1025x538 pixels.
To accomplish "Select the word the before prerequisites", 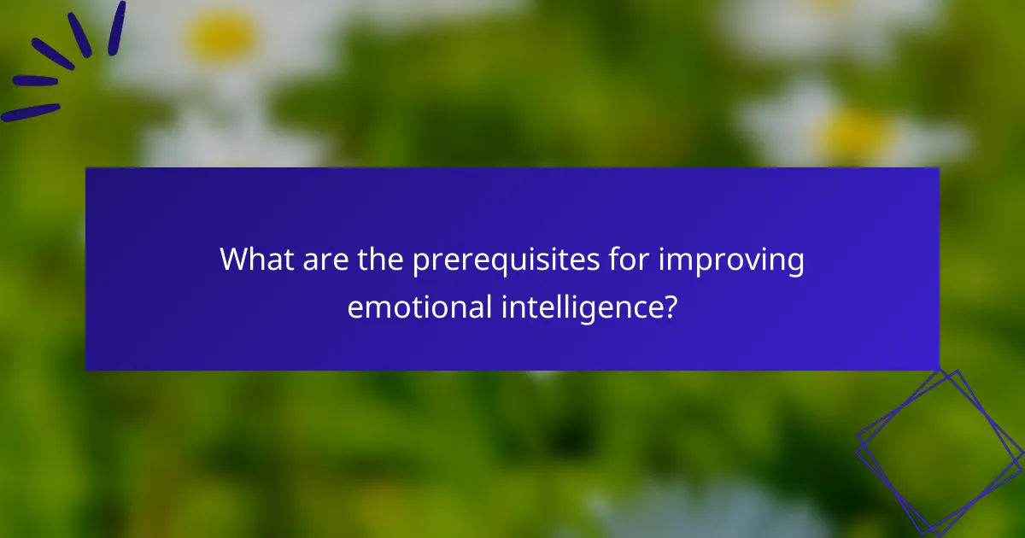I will [x=378, y=260].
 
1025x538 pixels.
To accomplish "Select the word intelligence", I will [x=577, y=308].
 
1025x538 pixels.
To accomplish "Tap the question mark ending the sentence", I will [x=671, y=307].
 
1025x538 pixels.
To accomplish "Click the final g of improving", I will [x=794, y=265].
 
